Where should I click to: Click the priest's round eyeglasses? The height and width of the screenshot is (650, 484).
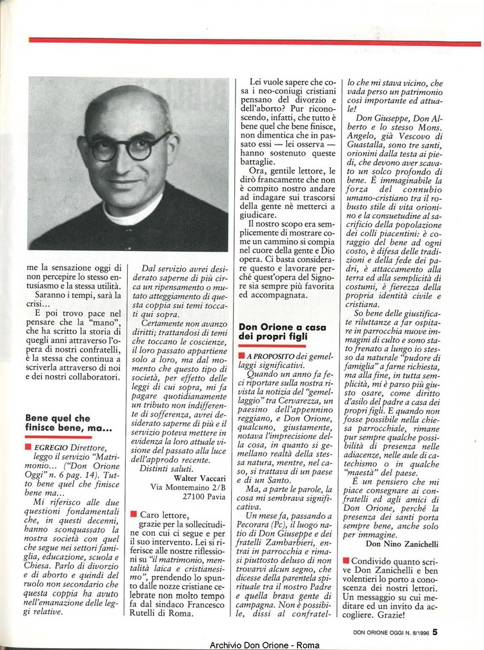coord(128,147)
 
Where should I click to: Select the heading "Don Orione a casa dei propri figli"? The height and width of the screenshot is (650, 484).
coord(282,332)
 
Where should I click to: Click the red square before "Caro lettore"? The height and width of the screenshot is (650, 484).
coord(133,514)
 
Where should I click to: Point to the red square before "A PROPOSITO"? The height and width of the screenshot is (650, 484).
coord(241,356)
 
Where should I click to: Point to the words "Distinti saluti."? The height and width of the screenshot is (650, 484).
coord(166,468)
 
